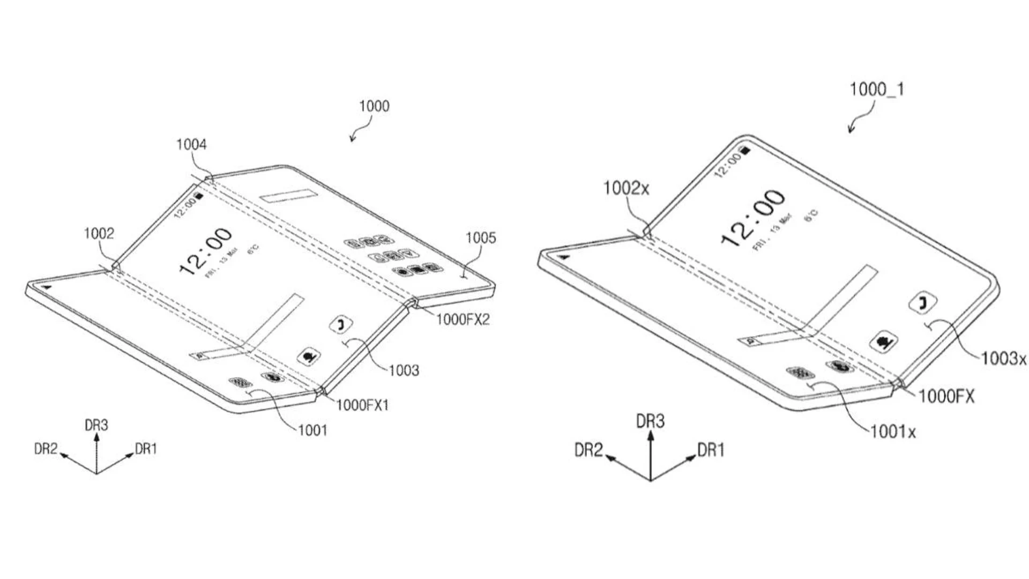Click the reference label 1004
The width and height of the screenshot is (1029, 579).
(x=191, y=144)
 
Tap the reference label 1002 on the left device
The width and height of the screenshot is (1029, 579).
(x=99, y=233)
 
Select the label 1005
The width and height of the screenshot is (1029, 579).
(x=481, y=237)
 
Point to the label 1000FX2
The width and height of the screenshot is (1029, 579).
(x=463, y=320)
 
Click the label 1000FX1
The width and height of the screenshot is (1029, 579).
(x=362, y=405)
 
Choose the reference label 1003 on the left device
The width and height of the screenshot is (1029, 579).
(x=404, y=370)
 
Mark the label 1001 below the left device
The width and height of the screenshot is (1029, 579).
(x=312, y=430)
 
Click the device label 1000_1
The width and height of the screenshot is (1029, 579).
(x=877, y=89)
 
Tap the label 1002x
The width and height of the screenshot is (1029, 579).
(x=626, y=188)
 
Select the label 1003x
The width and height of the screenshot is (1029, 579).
(x=1003, y=358)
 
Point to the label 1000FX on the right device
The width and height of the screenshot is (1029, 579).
(x=946, y=397)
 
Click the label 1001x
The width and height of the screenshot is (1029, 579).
(x=893, y=431)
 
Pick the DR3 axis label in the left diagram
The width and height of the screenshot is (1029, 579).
(x=96, y=425)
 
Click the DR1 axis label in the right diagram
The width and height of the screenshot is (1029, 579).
(x=711, y=450)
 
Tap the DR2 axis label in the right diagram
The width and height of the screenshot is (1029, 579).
(x=588, y=450)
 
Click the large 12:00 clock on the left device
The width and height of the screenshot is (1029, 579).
(x=205, y=250)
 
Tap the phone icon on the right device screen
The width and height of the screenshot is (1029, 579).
(x=923, y=303)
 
